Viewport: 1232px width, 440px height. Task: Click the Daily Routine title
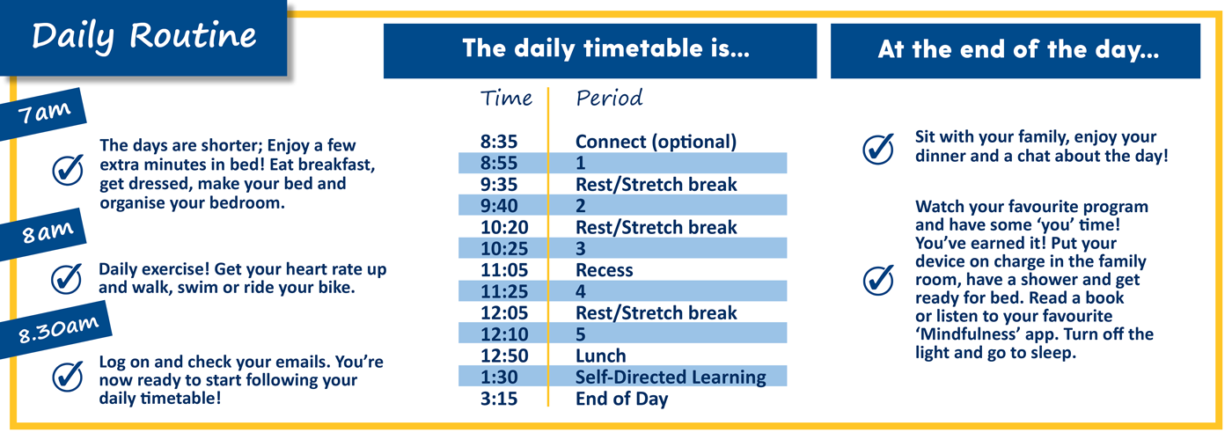(x=144, y=36)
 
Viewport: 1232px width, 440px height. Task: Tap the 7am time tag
(x=43, y=114)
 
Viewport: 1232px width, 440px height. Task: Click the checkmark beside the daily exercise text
(x=67, y=279)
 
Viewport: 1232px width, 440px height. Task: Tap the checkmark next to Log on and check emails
(x=68, y=377)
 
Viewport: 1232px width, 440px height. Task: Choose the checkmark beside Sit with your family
(x=878, y=149)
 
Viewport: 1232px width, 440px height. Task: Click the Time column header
(x=506, y=99)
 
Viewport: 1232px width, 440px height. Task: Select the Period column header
(x=609, y=99)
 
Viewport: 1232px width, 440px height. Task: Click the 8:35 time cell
(x=499, y=142)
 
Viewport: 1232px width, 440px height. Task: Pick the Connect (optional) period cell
(x=656, y=143)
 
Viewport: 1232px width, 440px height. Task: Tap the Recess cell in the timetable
(x=604, y=271)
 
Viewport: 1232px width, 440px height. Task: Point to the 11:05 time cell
(x=503, y=271)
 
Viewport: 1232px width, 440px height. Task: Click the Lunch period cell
(x=600, y=356)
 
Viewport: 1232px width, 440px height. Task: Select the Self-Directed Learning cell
(x=671, y=378)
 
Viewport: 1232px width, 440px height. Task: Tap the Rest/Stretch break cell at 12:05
(x=656, y=313)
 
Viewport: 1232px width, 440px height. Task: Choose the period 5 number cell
(x=580, y=335)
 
